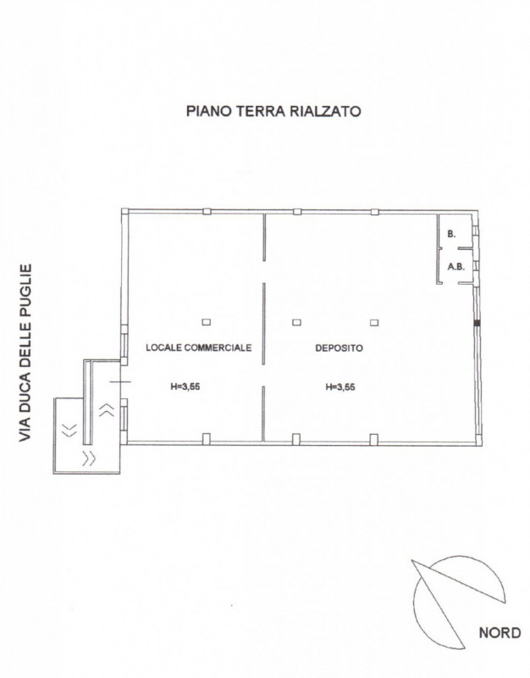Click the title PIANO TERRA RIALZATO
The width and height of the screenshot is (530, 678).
pos(273,111)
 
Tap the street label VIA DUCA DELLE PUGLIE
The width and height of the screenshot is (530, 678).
pos(25,353)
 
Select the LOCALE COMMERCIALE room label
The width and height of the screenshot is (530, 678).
pos(199,347)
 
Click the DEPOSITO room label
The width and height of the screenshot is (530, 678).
pos(339,347)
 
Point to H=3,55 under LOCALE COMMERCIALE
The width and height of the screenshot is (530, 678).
pos(185,387)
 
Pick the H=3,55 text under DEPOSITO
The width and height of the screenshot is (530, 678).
pos(340,387)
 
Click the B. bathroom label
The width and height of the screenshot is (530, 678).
pos(451,235)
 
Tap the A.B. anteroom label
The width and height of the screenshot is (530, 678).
pos(455,267)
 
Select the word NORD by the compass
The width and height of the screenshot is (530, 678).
pos(500,633)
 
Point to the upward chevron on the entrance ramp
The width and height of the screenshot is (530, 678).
pos(107,409)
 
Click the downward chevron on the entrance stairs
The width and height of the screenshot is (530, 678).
pos(69,430)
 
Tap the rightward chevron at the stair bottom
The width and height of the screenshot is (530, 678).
pos(89,458)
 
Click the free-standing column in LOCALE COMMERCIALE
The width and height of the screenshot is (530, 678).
pos(207,322)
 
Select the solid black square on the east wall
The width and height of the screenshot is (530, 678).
pos(477,323)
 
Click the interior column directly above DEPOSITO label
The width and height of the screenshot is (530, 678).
pos(296,322)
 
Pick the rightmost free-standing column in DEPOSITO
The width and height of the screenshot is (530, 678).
pos(374,322)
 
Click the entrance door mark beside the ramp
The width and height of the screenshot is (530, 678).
pos(120,382)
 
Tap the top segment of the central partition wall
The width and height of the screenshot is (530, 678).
pos(264,237)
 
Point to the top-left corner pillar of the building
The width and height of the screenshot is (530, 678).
pos(124,212)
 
